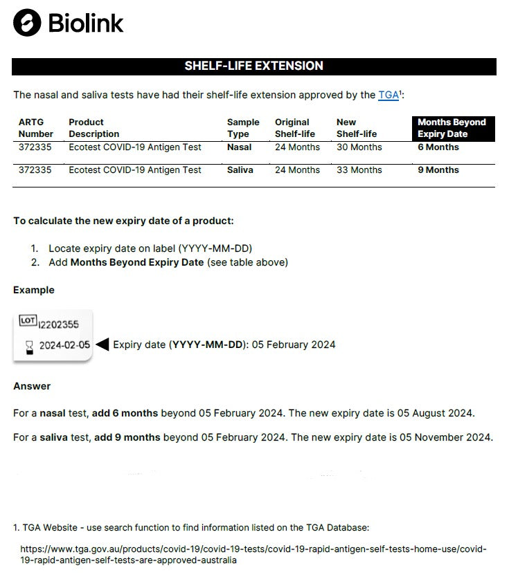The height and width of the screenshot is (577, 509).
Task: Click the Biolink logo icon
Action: coord(27,22)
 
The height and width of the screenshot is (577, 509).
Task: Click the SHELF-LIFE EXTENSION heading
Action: coord(253,66)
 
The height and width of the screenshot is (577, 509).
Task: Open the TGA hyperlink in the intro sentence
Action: coord(388,95)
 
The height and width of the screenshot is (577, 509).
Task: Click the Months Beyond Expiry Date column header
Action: coord(452,128)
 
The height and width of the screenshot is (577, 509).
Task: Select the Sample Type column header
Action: coord(243,128)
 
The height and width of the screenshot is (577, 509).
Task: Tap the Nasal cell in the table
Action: coord(239,147)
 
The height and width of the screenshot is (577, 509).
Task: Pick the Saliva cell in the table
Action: coord(240,170)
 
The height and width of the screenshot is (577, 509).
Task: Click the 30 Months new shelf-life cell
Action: coord(359,147)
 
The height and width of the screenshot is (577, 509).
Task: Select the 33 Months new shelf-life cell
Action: coord(359,170)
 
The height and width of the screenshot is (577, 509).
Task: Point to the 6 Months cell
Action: coord(438,147)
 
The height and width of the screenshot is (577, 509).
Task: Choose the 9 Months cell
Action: coord(438,170)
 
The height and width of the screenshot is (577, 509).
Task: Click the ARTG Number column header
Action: coord(36,128)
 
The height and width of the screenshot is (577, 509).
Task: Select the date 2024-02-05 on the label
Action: coord(64,346)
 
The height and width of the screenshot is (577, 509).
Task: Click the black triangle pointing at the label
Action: coord(102,345)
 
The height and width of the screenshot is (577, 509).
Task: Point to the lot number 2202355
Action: coord(59,324)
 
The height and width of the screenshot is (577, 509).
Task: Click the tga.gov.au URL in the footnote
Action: coord(253,554)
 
